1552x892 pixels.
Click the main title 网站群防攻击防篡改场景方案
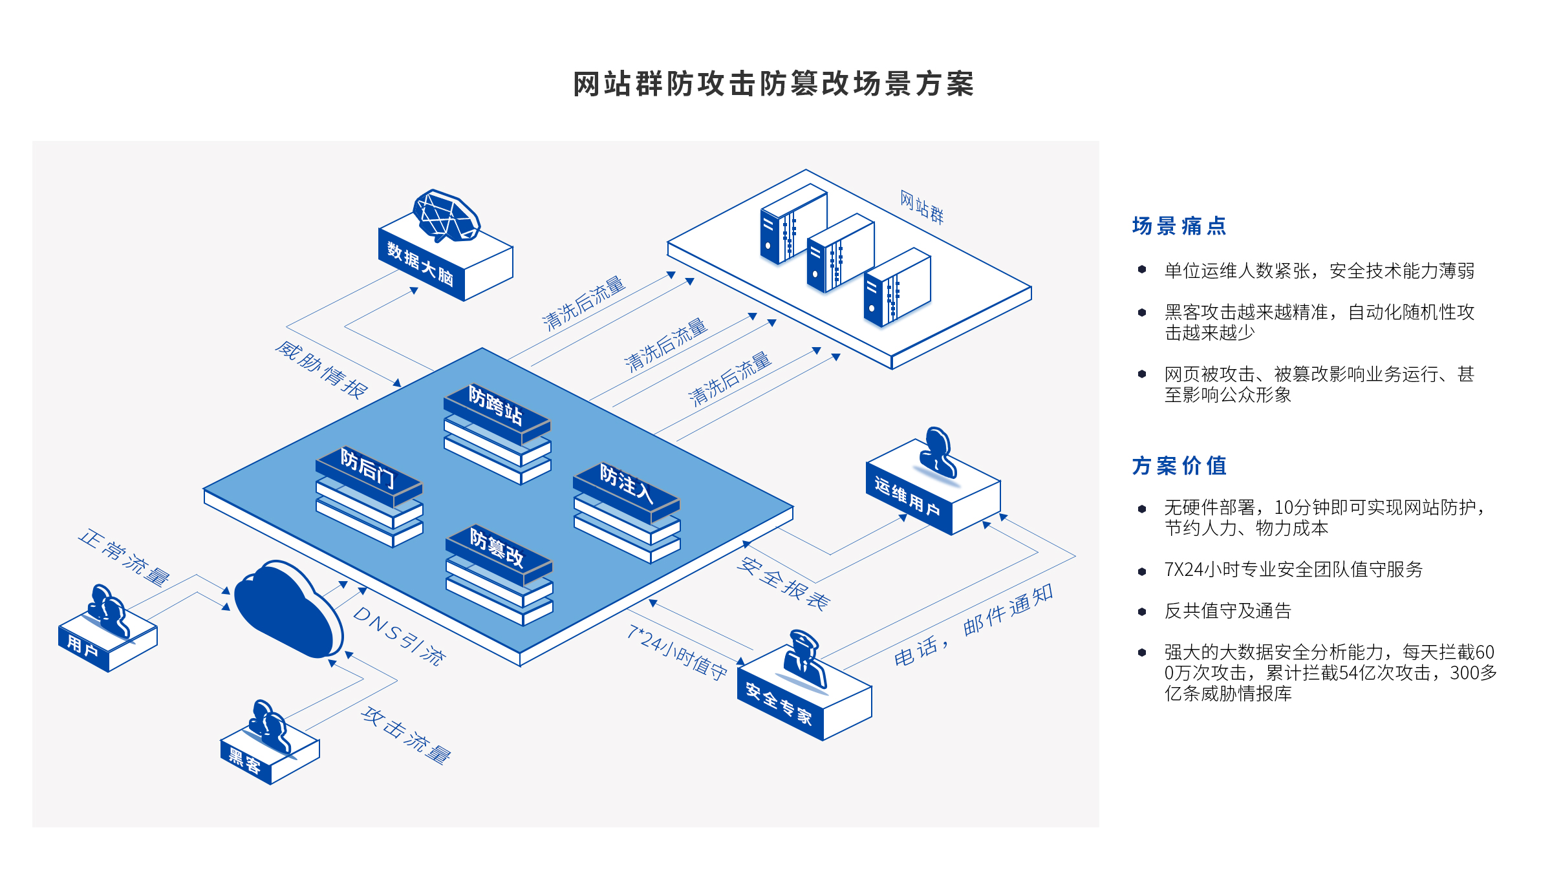(x=773, y=85)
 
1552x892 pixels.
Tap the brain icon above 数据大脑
(x=446, y=216)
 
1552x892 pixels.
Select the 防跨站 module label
(x=495, y=406)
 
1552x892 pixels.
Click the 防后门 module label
(x=367, y=468)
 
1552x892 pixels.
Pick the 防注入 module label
(x=626, y=483)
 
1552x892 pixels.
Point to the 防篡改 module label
(x=497, y=548)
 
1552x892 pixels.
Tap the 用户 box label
(x=83, y=646)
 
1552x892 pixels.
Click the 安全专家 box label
(x=779, y=703)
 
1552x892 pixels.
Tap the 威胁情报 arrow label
(x=321, y=370)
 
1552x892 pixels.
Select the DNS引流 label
(x=399, y=636)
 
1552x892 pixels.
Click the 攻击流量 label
(x=406, y=735)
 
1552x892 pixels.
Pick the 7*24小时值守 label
(x=677, y=652)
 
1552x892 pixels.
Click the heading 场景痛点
(x=1179, y=226)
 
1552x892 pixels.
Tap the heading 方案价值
(x=1179, y=465)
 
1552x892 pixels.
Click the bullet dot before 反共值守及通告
(x=1142, y=611)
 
